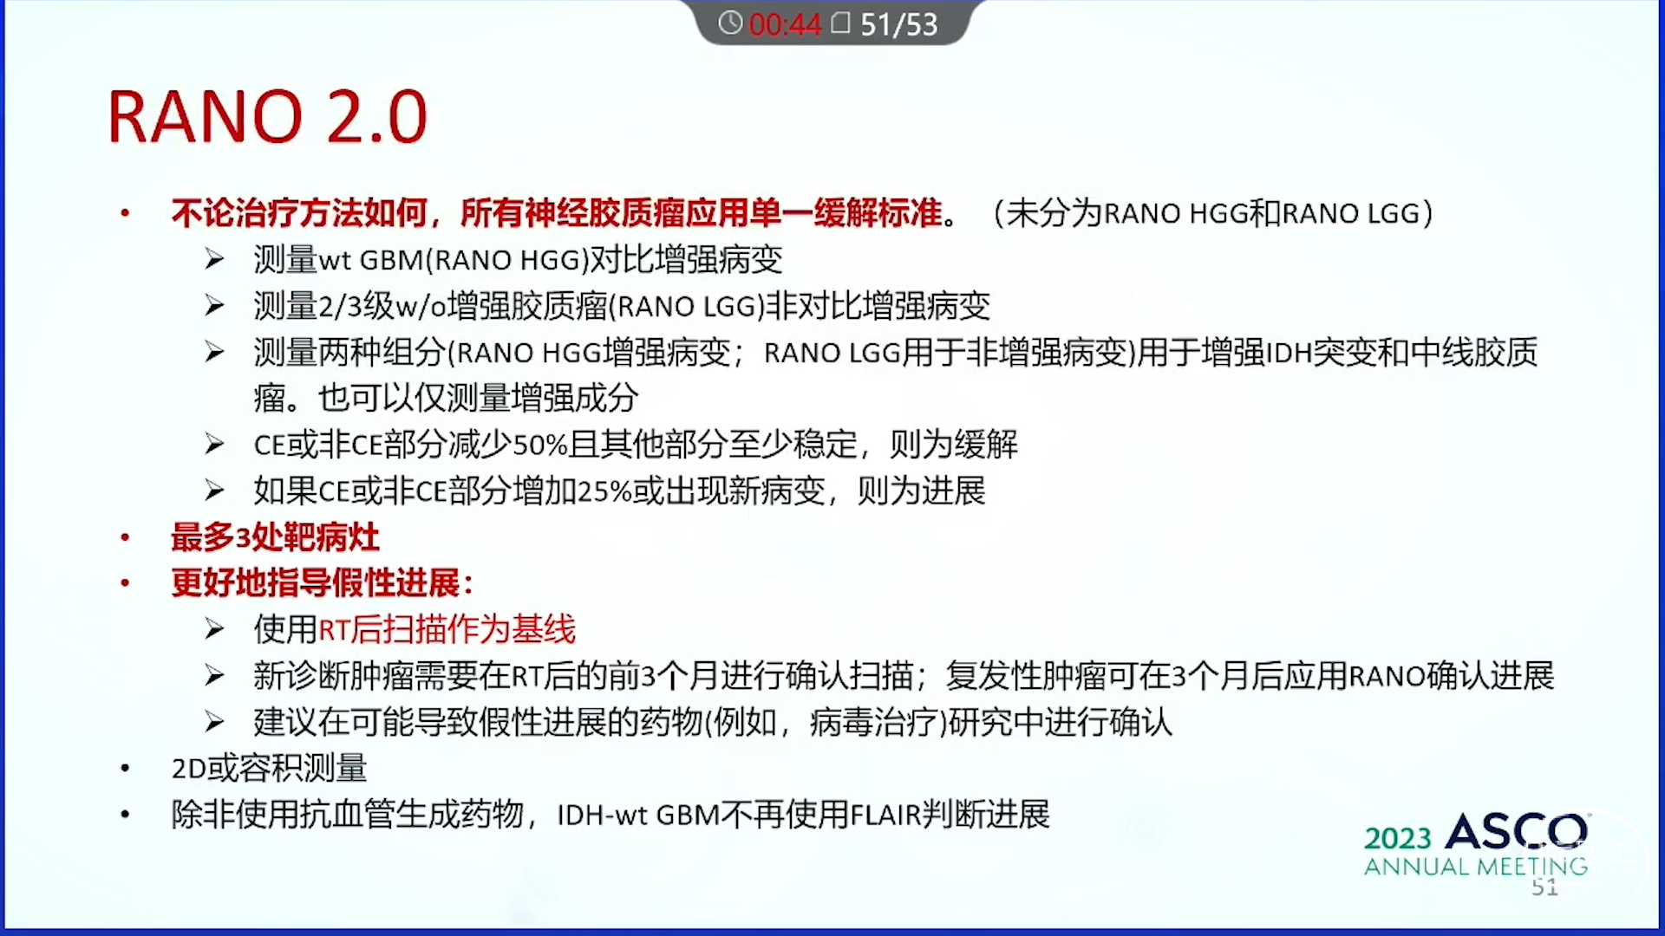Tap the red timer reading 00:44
(x=785, y=24)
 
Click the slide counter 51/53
(x=899, y=24)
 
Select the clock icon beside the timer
(x=730, y=23)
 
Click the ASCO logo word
(x=1517, y=832)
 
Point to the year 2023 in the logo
(x=1397, y=838)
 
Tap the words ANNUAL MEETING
(x=1476, y=866)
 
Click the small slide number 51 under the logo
(x=1544, y=887)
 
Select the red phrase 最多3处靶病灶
(x=275, y=537)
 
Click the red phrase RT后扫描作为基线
(x=447, y=629)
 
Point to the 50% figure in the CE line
(x=540, y=445)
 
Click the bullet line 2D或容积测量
(x=270, y=768)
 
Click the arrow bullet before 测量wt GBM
(x=214, y=260)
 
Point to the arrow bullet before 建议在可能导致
(x=214, y=722)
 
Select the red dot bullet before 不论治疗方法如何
(x=126, y=213)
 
